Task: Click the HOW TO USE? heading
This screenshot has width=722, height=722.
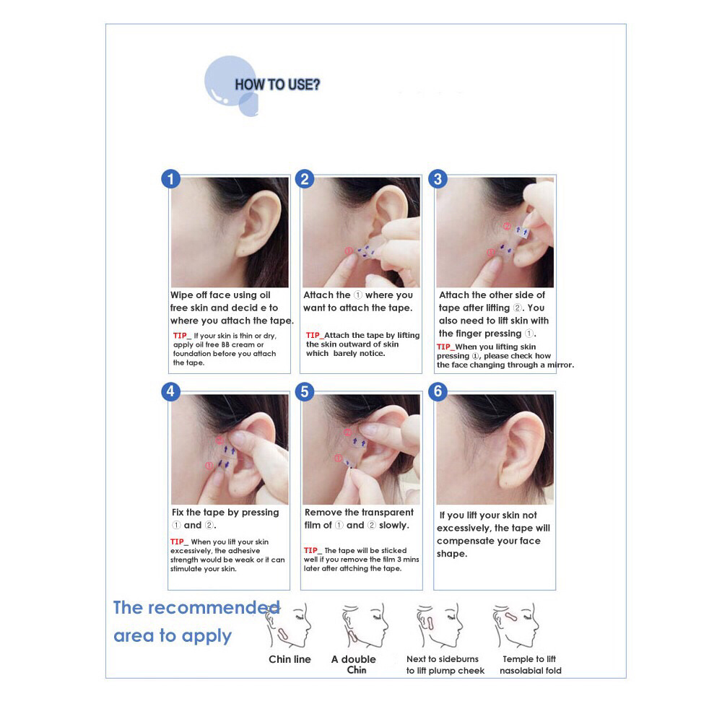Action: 277,84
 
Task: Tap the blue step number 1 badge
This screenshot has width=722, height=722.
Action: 170,178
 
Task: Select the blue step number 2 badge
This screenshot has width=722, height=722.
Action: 305,178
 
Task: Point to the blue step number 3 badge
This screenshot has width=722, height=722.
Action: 438,178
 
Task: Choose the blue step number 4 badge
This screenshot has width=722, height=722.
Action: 170,391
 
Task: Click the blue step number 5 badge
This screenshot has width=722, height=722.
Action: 305,391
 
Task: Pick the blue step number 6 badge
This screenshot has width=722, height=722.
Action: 438,391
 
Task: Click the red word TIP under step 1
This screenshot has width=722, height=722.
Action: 180,336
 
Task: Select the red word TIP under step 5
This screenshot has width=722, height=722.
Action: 310,550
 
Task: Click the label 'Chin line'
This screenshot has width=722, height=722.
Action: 290,659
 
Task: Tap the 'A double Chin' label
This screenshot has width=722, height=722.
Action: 354,664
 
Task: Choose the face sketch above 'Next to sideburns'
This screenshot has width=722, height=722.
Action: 439,625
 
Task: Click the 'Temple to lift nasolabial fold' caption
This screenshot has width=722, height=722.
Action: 531,665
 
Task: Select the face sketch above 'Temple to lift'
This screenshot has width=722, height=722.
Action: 516,625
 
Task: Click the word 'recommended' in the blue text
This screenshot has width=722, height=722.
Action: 214,608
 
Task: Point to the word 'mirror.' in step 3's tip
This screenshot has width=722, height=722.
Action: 560,365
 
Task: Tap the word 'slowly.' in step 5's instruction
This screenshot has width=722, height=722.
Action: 394,525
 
